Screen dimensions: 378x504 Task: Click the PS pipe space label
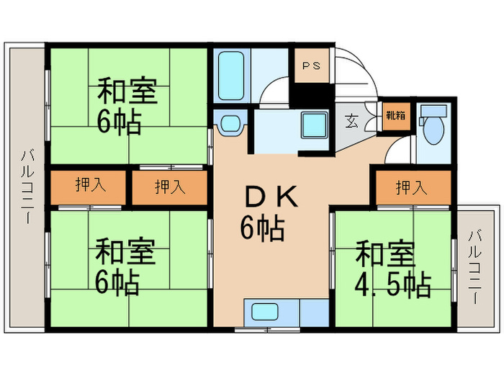(x=311, y=66)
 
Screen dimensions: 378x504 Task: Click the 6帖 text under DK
(x=262, y=229)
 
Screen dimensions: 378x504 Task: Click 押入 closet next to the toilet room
(x=411, y=187)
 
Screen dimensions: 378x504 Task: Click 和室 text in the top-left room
(x=127, y=91)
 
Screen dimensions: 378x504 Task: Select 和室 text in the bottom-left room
(x=125, y=253)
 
